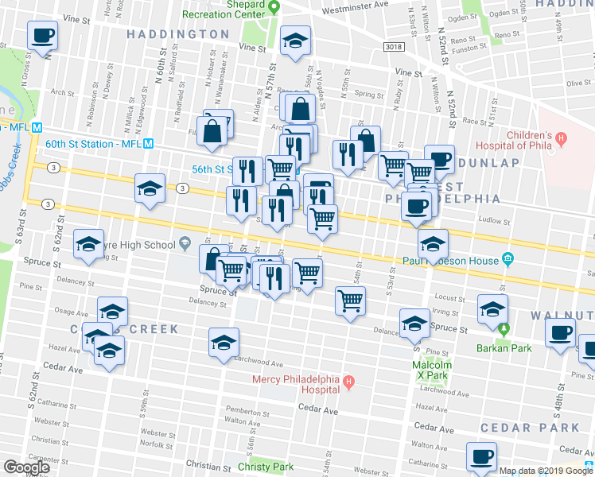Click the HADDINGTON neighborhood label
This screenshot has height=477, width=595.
[x=177, y=34]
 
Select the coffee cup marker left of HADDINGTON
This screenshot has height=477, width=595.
[x=43, y=36]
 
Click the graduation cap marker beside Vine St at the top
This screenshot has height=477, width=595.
[x=295, y=41]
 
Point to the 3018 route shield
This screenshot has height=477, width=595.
[x=392, y=48]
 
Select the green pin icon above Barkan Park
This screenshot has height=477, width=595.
[x=502, y=328]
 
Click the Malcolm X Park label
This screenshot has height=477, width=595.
[x=432, y=370]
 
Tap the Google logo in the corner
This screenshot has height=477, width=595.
[x=26, y=467]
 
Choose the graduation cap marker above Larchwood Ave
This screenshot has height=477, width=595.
[x=224, y=343]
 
